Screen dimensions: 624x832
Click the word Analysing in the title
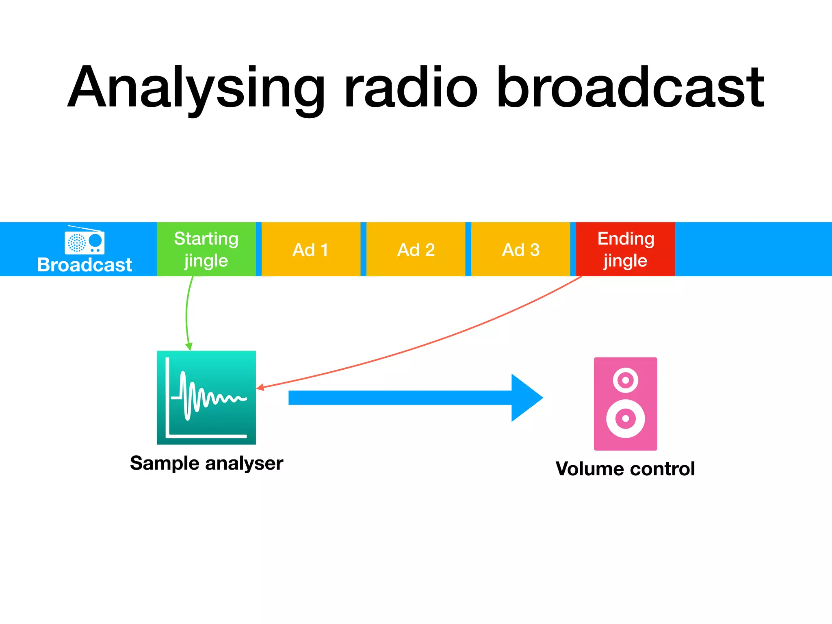pyautogui.click(x=195, y=87)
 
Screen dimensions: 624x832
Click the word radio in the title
pyautogui.click(x=410, y=87)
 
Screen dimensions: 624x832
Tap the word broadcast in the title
pyautogui.click(x=630, y=87)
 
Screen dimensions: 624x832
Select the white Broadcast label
pyautogui.click(x=84, y=265)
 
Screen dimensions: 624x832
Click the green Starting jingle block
pyautogui.click(x=206, y=249)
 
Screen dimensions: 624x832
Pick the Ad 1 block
pyautogui.click(x=311, y=249)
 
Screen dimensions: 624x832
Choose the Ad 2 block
pyautogui.click(x=416, y=249)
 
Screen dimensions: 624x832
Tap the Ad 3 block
pyautogui.click(x=520, y=249)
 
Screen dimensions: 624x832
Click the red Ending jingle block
pyautogui.click(x=625, y=249)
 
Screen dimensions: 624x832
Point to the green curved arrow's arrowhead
pyautogui.click(x=189, y=347)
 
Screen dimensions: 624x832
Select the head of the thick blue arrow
pyautogui.click(x=526, y=398)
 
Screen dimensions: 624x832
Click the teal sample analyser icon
pyautogui.click(x=206, y=397)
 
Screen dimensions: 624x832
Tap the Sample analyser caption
pyautogui.click(x=206, y=463)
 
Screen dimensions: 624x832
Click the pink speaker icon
pyautogui.click(x=625, y=403)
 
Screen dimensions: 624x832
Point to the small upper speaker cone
pyautogui.click(x=626, y=380)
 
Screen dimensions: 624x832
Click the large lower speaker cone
pyautogui.click(x=626, y=418)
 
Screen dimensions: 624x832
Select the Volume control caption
pyautogui.click(x=625, y=468)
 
